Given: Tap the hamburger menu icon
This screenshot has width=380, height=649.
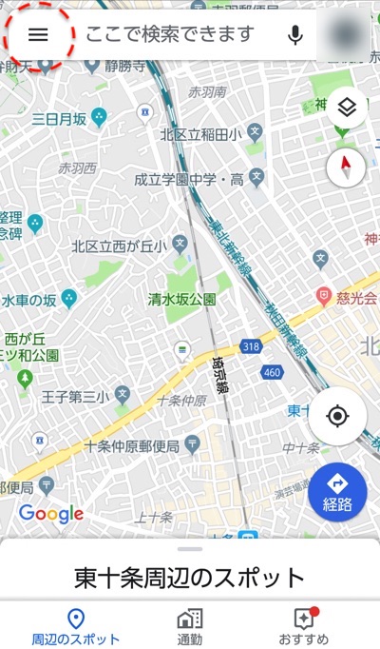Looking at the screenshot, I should point(38,35).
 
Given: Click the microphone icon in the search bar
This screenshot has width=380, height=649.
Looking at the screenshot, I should point(295,35).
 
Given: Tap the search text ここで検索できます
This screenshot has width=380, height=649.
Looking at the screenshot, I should point(171,35).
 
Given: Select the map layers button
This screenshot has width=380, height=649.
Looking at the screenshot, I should point(346,107).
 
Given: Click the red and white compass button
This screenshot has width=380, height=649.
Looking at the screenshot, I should point(346,168).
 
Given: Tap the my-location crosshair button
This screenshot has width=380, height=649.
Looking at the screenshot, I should point(337,417).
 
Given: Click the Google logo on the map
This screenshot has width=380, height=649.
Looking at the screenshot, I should point(51,514).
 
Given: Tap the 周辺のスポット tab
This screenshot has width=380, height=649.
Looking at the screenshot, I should point(76,627).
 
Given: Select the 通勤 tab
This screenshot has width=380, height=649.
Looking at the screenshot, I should point(190,627).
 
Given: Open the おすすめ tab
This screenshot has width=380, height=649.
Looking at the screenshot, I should point(304,627).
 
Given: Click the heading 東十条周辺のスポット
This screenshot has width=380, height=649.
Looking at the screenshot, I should point(190,578).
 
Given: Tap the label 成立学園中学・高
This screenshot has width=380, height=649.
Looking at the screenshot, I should point(188,179).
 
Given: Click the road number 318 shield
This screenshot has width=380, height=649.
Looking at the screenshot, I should point(251,346).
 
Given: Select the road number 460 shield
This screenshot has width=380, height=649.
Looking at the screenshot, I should point(272,372).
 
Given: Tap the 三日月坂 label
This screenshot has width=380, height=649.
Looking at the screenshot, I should point(59,119).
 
